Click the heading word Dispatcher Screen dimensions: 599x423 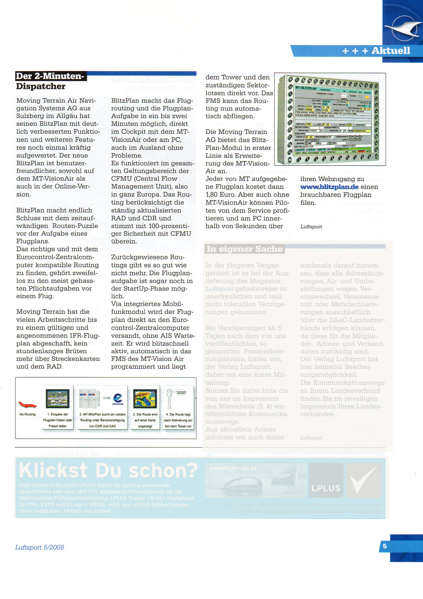[x=41, y=86]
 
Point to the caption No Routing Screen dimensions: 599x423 [x=27, y=414]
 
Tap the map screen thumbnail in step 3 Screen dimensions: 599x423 [x=145, y=398]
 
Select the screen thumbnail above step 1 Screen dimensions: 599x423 [x=58, y=398]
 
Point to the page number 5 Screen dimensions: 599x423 [x=385, y=546]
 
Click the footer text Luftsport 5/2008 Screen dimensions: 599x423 [x=39, y=547]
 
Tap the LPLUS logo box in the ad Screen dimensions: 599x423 [x=326, y=480]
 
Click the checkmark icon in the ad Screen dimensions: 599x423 [x=363, y=480]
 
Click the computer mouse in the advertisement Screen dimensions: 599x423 [x=242, y=485]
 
